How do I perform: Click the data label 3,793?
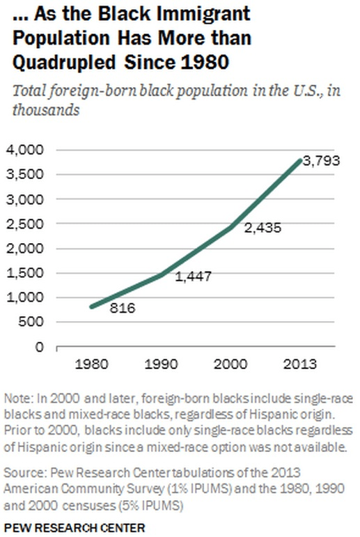click(324, 165)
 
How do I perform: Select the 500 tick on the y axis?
click(32, 322)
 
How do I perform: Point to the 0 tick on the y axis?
click(39, 347)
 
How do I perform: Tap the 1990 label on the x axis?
click(162, 364)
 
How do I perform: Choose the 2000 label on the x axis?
click(231, 364)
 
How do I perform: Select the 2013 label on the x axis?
click(300, 364)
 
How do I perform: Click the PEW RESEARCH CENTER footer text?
click(75, 528)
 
